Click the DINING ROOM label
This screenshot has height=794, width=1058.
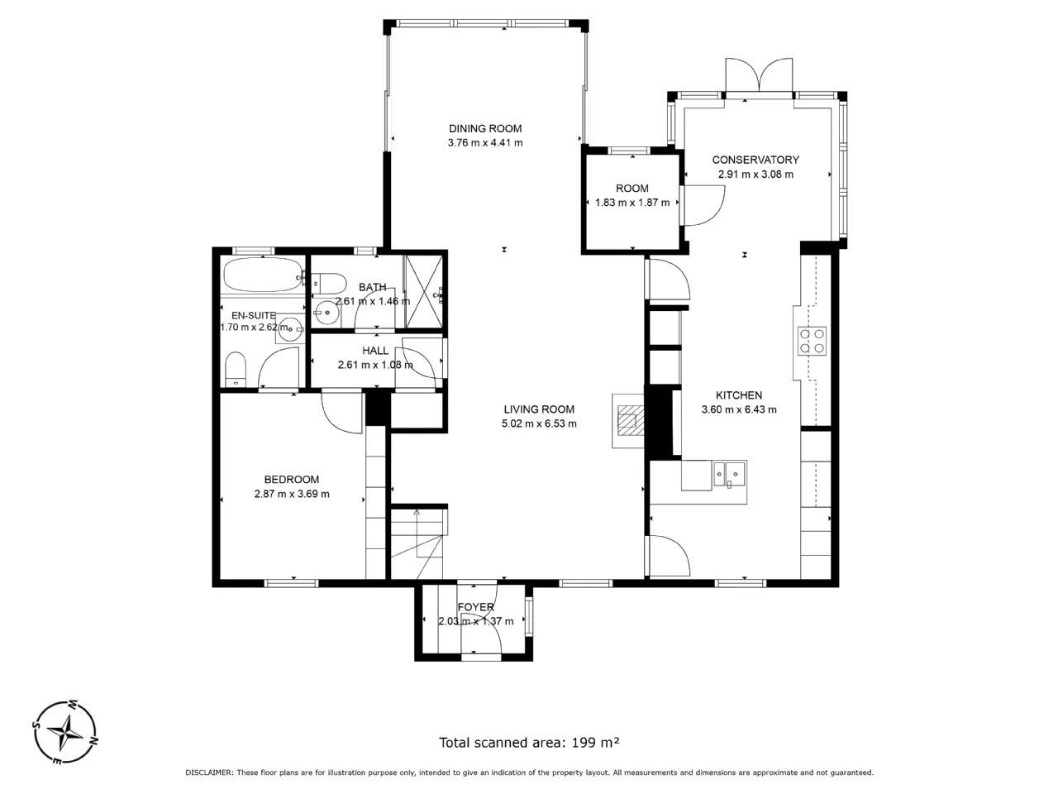(x=485, y=129)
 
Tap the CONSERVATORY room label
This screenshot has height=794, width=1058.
(x=755, y=160)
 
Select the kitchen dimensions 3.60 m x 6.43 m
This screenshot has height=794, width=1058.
(x=738, y=409)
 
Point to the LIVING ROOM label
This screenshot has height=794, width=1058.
(x=539, y=409)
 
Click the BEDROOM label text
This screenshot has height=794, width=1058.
(x=292, y=480)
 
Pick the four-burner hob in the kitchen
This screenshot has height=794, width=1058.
(x=812, y=341)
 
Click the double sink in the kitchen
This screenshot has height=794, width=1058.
(x=729, y=475)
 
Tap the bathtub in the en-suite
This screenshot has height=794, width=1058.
(x=264, y=275)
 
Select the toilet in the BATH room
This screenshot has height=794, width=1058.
(x=328, y=283)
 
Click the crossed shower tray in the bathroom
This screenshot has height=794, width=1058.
(x=424, y=292)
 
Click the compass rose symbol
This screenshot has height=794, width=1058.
(x=65, y=732)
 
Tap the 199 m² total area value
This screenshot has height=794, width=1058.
(x=595, y=742)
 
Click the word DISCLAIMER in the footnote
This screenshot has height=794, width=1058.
(x=209, y=772)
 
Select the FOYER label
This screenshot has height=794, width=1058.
(x=476, y=607)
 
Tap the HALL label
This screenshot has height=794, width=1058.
(x=375, y=351)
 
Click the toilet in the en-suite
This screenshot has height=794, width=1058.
(x=236, y=369)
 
